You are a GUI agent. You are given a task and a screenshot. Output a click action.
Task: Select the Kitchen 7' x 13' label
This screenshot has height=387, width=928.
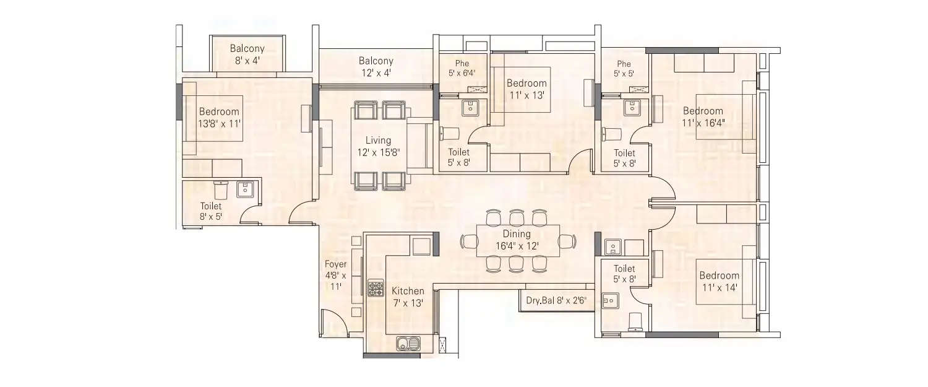[408, 297]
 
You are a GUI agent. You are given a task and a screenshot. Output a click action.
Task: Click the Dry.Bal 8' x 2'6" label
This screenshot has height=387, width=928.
[556, 302]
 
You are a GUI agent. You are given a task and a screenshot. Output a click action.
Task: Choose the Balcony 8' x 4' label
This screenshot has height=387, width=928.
[247, 54]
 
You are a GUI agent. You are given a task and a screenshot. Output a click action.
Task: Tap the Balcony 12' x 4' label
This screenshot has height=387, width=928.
[376, 67]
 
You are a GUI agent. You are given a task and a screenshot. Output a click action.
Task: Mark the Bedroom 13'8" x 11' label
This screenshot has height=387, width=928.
[219, 117]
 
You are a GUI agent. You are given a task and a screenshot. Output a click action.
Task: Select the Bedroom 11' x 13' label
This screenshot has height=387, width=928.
[526, 89]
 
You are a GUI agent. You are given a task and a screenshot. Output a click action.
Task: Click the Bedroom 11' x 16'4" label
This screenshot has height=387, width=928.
[703, 117]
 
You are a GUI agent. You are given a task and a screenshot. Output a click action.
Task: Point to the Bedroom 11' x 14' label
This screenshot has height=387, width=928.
[719, 281]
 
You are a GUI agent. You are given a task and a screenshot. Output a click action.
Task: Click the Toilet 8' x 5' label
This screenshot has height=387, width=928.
[210, 211]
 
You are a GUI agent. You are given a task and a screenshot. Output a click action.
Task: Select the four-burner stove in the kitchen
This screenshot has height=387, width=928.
[376, 289]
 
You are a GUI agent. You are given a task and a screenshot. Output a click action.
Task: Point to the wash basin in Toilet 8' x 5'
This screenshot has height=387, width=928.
[245, 189]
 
